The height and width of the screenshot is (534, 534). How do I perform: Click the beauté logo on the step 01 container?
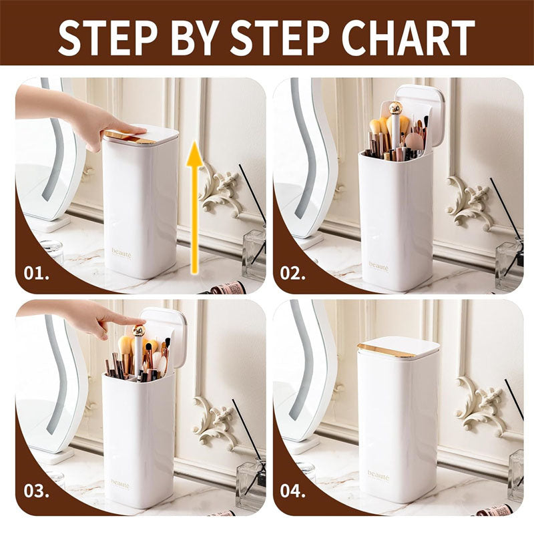(x=122, y=254)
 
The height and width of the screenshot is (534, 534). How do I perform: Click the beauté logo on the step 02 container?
(x=378, y=266)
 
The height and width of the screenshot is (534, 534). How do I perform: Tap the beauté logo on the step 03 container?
(x=120, y=483)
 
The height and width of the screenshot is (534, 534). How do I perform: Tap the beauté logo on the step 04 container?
(x=377, y=475)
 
